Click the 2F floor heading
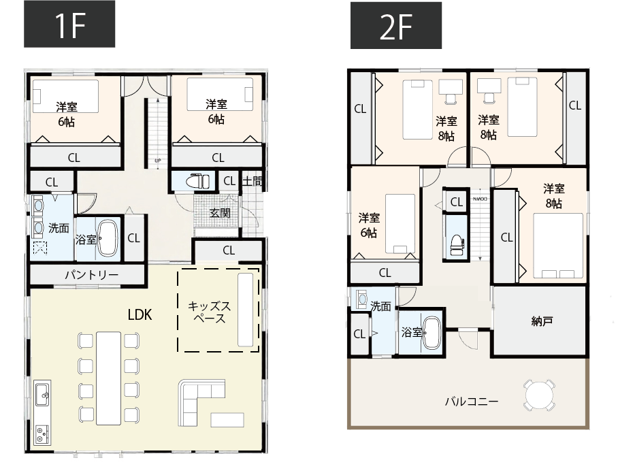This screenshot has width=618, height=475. [x=395, y=25]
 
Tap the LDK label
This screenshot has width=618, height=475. [x=140, y=314]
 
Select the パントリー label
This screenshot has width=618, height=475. [x=91, y=274]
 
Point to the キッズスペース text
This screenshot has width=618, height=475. [x=209, y=312]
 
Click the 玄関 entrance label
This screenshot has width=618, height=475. [x=220, y=213]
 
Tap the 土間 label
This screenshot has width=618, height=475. [x=252, y=181]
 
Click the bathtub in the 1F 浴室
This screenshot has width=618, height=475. [x=108, y=238]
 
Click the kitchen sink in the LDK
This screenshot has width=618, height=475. [x=43, y=394]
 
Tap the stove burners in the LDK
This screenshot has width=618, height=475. [x=42, y=434]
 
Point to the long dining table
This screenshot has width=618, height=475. [x=108, y=378]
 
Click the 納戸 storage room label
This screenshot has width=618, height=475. [x=542, y=321]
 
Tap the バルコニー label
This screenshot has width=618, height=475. [x=472, y=402]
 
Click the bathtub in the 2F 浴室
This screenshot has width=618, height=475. [x=432, y=333]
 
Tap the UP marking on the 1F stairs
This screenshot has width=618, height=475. [x=158, y=161]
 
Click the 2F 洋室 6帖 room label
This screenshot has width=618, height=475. [x=369, y=225]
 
